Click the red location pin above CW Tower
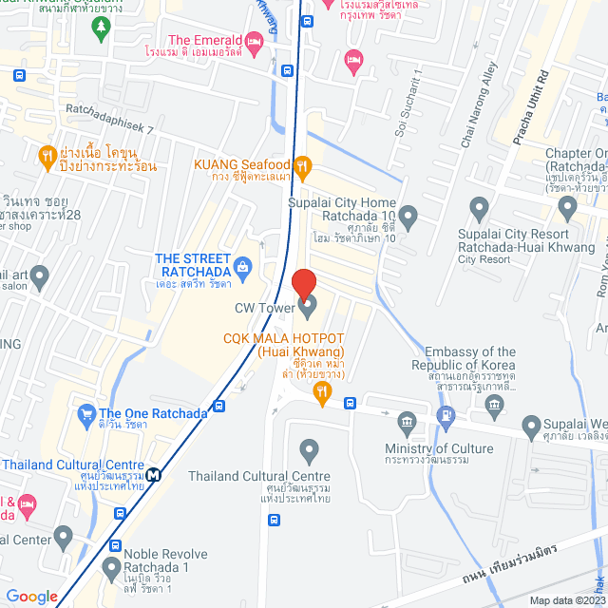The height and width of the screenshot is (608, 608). click(303, 284)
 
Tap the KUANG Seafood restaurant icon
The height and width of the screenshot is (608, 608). click(302, 168)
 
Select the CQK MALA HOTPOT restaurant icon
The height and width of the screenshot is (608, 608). click(323, 390)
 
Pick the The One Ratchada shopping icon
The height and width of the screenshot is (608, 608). click(86, 413)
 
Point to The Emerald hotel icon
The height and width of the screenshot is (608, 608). click(254, 41)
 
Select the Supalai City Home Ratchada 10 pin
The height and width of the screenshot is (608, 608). click(408, 218)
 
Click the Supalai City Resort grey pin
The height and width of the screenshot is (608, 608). click(479, 206)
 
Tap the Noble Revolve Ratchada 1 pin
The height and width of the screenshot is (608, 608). click(115, 547)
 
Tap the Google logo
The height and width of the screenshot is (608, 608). click(31, 596)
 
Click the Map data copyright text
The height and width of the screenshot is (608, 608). click(565, 600)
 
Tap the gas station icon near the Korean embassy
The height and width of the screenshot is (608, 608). click(444, 415)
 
